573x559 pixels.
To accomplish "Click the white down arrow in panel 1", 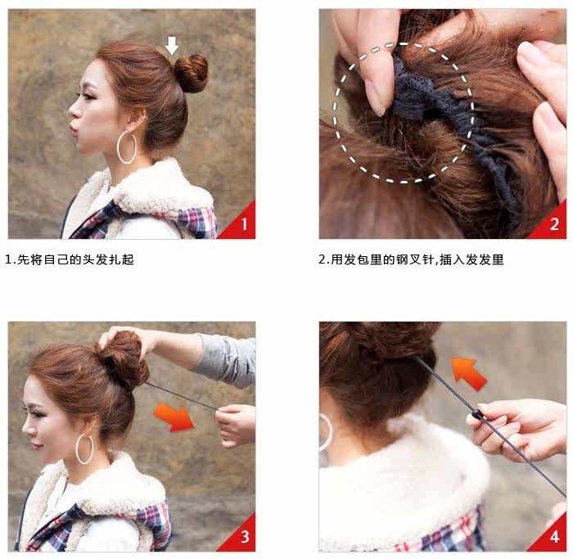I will (x=171, y=46).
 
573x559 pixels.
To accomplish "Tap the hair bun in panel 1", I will (x=192, y=74).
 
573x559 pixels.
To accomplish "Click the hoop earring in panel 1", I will (x=127, y=147).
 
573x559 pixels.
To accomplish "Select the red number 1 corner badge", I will (x=241, y=223).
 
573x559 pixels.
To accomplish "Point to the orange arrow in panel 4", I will (x=468, y=372).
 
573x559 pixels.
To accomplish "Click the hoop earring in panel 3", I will (x=84, y=449).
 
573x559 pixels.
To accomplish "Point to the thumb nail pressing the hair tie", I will (x=376, y=96).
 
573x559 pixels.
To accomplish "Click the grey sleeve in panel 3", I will (x=225, y=358).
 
